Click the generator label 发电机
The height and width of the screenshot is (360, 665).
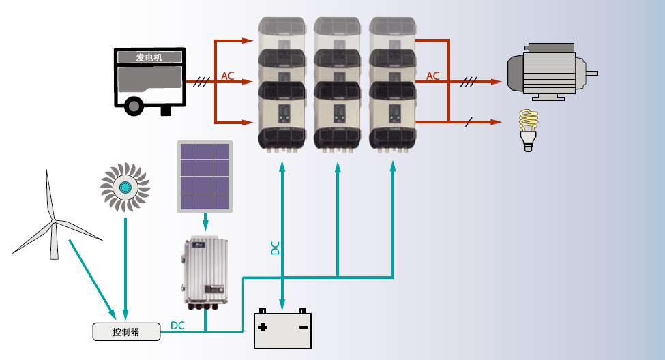tap(149, 57)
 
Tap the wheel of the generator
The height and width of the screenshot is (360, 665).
tap(134, 106)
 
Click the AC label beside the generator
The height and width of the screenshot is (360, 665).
tap(228, 76)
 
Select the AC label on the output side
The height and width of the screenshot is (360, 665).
tap(432, 76)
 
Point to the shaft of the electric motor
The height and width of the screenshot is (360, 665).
tap(592, 74)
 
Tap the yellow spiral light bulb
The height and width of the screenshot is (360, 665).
tap(529, 130)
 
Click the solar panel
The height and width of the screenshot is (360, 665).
tap(205, 177)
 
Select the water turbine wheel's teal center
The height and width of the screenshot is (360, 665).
tap(125, 187)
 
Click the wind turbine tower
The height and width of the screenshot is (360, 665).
tap(54, 241)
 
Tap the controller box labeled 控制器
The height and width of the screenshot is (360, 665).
tap(126, 331)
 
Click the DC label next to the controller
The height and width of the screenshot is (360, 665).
tap(177, 325)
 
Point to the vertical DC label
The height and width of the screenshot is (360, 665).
tap(276, 247)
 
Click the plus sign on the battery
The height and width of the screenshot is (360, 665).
tap(263, 327)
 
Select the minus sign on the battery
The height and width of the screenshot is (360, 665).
tap(304, 327)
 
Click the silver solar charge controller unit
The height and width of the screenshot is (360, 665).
tap(206, 272)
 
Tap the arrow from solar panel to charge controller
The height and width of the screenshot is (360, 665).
tap(206, 222)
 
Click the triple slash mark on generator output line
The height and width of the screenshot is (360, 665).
tap(201, 81)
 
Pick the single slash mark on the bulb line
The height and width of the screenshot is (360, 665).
tap(468, 122)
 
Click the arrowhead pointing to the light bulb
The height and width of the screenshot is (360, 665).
tap(497, 122)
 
